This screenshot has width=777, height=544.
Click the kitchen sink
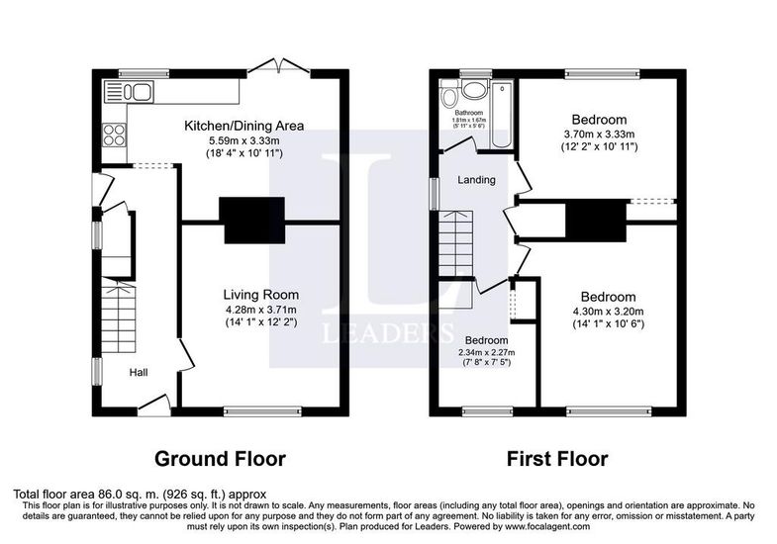129,92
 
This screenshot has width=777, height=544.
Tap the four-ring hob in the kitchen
114,136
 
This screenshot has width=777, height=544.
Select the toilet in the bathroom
449,94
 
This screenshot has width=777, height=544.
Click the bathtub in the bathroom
503,115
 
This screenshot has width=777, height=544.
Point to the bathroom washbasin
474,89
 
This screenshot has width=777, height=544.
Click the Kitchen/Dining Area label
243,126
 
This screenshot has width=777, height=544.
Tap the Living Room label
261,295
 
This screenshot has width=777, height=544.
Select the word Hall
139,372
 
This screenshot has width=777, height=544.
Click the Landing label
476,180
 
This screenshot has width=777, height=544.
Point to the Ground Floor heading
220,459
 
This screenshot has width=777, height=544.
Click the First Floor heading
557,459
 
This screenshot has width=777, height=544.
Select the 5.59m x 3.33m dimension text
244,141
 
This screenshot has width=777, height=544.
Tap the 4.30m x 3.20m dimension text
608,312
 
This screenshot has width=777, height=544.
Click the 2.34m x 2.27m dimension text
486,352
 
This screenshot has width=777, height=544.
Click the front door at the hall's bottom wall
154,404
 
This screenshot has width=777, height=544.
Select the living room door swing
186,355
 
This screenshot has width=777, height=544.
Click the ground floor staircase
119,317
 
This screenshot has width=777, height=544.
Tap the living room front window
262,410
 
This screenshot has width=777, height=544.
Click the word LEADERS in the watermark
388,332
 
